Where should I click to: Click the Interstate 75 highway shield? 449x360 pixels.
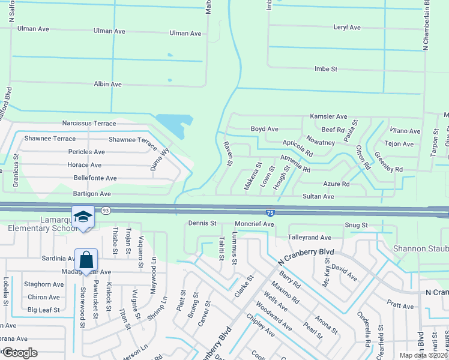pos(271,212)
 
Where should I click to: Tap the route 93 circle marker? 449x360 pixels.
pos(106,211)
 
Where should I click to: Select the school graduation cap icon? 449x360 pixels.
pos(84,217)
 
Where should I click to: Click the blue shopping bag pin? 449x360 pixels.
pos(86,260)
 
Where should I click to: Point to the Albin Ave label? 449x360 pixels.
pos(107,84)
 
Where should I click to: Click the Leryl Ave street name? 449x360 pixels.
pos(346,28)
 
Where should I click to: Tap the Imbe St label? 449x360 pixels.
pos(325,69)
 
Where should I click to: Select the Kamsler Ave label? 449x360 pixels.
pos(328,116)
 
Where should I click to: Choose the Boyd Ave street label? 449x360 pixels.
pos(264,129)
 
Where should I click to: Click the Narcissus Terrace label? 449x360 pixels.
pos(89,123)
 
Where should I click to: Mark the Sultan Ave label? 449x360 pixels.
pos(318,196)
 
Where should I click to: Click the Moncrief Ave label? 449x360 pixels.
pos(254,224)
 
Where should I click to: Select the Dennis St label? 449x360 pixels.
pos(202,223)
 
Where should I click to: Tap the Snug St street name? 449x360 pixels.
pos(356,225)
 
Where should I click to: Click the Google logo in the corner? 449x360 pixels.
pos(20,353)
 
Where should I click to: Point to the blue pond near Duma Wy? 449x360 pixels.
pos(173,125)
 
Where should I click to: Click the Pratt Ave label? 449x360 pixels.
pos(400,306)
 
